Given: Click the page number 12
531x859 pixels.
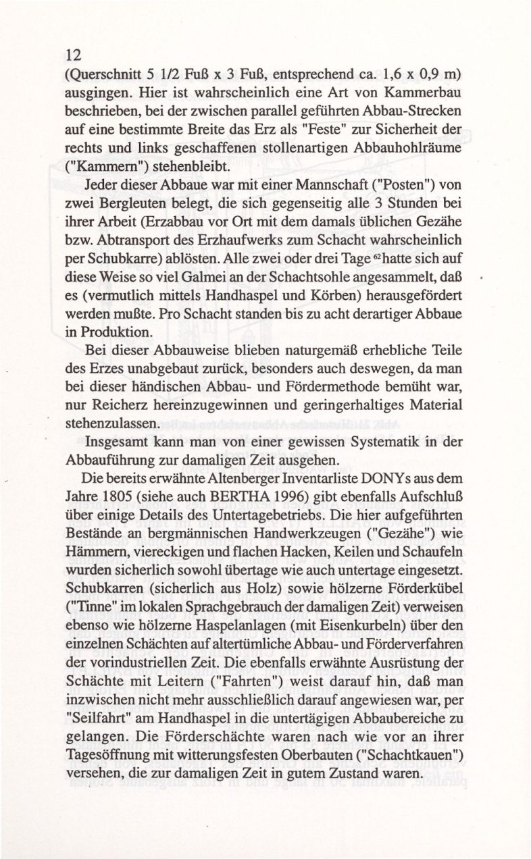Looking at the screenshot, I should pos(72,56).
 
